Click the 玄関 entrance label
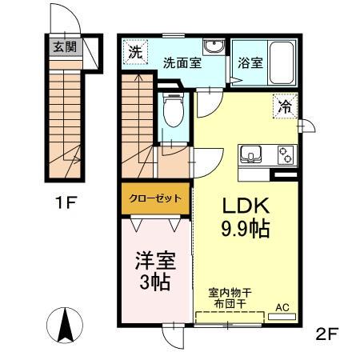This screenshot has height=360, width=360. coord(64,47)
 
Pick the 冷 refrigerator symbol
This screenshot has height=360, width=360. coord(285,104)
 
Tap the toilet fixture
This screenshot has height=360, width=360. coord(170,114)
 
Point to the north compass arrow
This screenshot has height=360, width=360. coord(67,323)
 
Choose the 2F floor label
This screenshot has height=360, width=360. coord(327,334)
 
